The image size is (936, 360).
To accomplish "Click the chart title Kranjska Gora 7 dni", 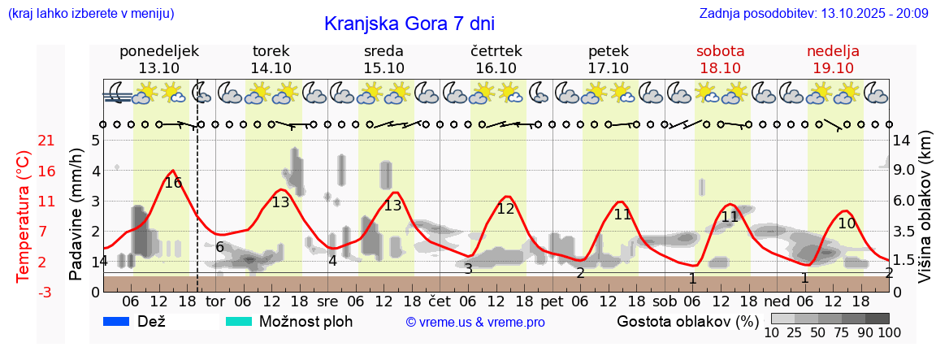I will [409, 24].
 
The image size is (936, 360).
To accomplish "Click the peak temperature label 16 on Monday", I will [173, 183].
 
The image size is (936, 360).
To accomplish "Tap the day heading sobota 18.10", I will [720, 59].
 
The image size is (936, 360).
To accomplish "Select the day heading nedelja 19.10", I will [833, 59].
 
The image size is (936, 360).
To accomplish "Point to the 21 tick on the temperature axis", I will [46, 141].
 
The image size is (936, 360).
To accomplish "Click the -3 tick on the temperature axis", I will [46, 292].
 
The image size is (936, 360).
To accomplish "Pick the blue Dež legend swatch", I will [118, 322].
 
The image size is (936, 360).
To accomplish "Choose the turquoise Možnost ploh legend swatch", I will [239, 322].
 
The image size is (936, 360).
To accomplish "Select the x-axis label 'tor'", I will [214, 301].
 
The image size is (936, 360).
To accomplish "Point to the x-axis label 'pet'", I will [552, 301].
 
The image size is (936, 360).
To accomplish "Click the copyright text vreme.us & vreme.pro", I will [475, 323].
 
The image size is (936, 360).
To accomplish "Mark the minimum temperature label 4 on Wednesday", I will [332, 261].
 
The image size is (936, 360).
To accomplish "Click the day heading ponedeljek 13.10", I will [158, 59].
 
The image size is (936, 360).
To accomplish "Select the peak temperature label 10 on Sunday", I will [847, 223].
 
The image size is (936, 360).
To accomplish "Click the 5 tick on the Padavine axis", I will [95, 141].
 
